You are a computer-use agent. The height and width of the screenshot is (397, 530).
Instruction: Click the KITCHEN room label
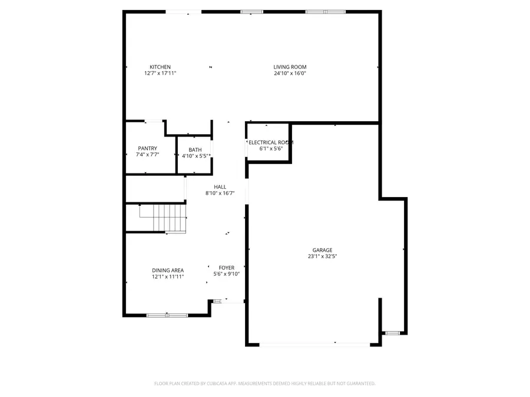160,67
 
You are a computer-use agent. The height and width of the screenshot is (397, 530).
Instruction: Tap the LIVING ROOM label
290,67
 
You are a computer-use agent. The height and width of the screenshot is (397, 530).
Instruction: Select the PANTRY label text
147,148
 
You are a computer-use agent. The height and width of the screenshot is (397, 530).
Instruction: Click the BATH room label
195,150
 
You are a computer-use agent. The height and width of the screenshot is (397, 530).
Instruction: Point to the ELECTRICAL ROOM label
271,142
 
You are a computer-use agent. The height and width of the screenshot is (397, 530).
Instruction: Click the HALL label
220,187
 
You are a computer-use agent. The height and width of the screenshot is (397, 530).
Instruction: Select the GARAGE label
322,250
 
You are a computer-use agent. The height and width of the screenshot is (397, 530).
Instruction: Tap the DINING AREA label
168,271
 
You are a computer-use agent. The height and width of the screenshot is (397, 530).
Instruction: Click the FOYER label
227,268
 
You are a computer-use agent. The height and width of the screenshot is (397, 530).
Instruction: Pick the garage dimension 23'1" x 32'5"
322,256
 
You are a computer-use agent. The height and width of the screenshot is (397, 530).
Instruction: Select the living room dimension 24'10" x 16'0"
290,74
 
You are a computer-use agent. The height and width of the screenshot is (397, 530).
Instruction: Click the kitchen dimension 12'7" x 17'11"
160,74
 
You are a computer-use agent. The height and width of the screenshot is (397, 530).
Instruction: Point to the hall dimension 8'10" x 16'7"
220,194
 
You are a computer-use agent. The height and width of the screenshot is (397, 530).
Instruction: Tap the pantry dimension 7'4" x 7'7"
147,155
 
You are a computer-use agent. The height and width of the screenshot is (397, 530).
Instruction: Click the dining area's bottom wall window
167,316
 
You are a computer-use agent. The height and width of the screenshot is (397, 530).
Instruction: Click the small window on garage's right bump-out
392,333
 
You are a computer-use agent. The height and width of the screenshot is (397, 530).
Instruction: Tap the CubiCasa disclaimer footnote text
264,383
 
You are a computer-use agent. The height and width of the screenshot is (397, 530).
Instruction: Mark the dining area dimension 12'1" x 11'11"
168,276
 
